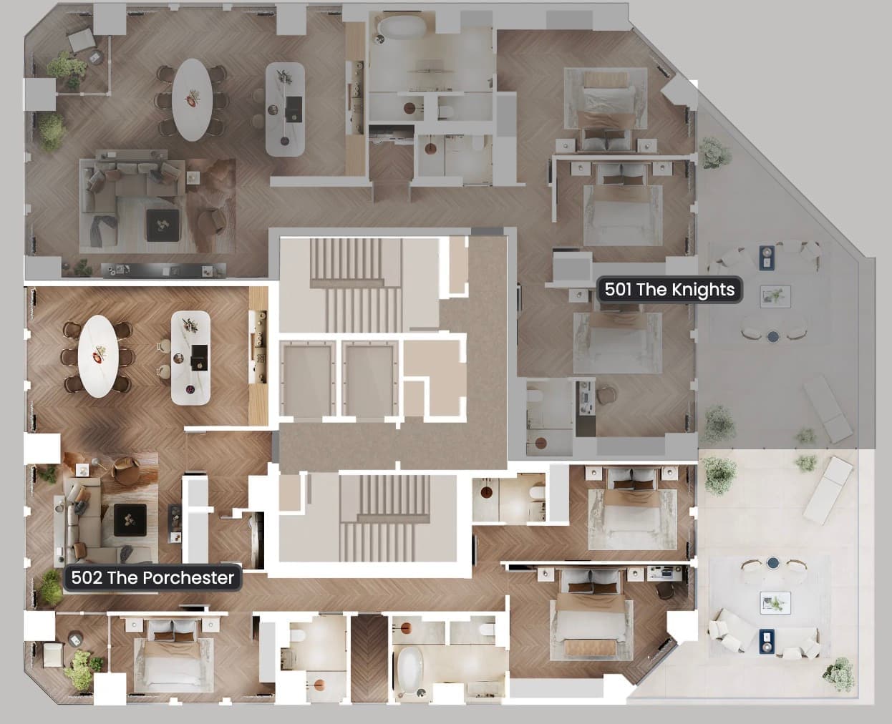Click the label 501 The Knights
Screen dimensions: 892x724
[669, 289]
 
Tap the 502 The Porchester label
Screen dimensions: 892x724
[152, 577]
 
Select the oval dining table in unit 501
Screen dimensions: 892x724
[191, 100]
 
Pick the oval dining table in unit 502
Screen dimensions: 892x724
[98, 356]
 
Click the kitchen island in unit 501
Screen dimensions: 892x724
[285, 109]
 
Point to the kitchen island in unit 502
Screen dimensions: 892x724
[190, 358]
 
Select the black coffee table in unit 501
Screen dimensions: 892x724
[163, 225]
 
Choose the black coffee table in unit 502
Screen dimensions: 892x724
[130, 520]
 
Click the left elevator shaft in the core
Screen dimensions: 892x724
[308, 379]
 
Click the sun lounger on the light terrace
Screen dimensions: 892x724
[828, 490]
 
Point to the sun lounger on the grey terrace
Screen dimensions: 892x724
[828, 409]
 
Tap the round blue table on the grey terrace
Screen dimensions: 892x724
[773, 336]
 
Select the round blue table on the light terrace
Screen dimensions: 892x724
[773, 563]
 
